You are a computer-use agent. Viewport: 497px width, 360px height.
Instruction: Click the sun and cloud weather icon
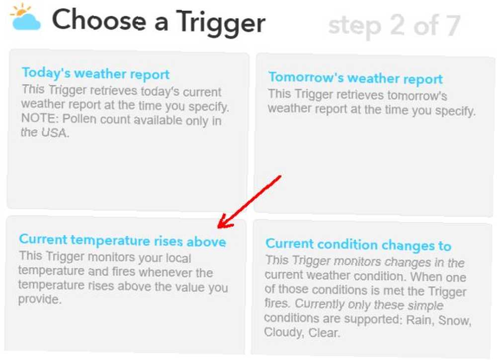[x=25, y=17]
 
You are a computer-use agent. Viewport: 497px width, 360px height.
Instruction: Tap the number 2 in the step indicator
[x=398, y=25]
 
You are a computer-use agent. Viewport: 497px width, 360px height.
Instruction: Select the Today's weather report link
[x=96, y=73]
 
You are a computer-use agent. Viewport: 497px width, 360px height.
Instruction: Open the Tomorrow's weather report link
[x=356, y=78]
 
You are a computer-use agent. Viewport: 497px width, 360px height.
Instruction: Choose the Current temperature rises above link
[x=122, y=240]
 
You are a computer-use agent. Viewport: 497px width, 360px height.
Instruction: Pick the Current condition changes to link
[x=358, y=245]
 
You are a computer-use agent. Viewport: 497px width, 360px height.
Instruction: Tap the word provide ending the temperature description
[x=40, y=299]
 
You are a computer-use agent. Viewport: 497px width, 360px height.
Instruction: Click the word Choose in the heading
[x=99, y=20]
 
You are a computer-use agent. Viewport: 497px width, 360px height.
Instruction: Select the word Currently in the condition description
[x=320, y=304]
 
